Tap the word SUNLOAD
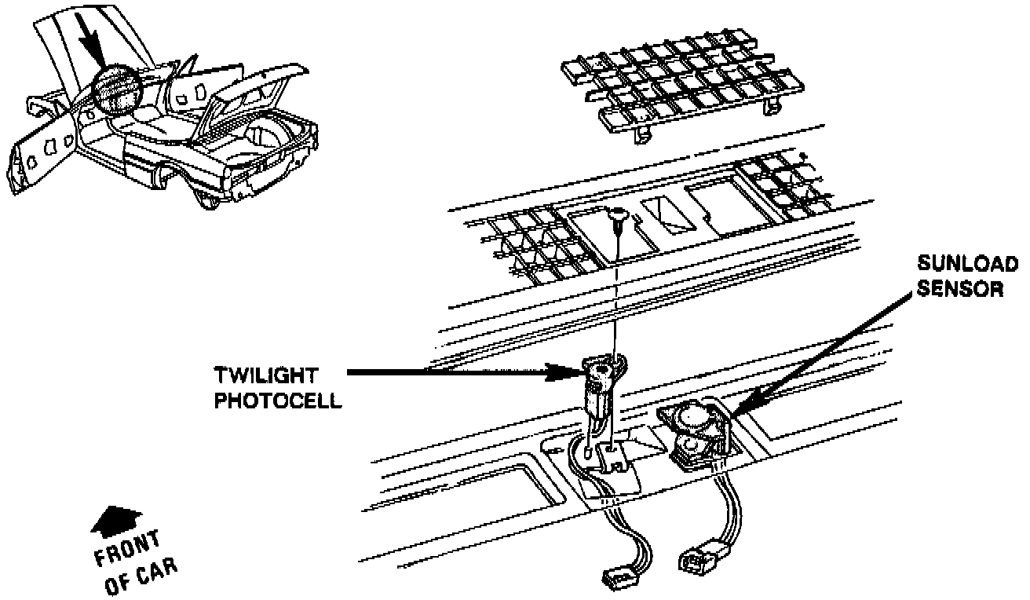coord(967,264)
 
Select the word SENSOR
coord(961,289)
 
